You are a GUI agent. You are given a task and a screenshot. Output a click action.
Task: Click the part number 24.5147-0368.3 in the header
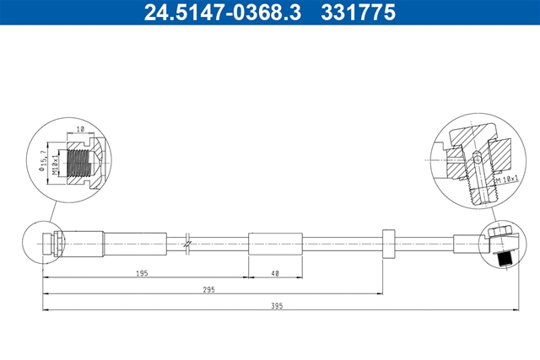(x=223, y=13)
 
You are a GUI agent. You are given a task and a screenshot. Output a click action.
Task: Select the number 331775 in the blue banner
(x=358, y=13)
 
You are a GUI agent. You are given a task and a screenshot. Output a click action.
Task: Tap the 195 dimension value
(x=142, y=273)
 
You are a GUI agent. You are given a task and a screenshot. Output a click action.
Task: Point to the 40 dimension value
(x=275, y=274)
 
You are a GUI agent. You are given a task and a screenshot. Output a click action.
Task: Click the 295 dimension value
(x=208, y=290)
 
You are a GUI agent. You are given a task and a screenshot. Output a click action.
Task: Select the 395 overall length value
(x=277, y=306)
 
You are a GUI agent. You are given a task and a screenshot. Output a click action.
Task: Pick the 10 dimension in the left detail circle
(x=80, y=129)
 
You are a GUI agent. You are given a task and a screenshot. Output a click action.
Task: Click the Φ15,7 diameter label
(x=43, y=160)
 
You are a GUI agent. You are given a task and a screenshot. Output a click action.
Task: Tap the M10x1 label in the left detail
(x=55, y=164)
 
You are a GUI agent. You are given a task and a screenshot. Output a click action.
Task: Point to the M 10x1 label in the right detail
(x=507, y=179)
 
